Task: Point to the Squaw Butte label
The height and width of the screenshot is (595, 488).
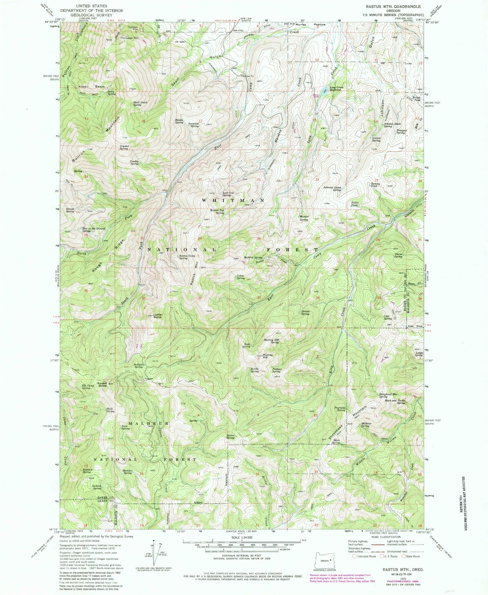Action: [x=102, y=384]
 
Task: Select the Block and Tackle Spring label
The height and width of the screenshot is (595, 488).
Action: [x=395, y=402]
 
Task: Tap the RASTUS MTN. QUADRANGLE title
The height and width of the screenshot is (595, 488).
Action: [x=392, y=6]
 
